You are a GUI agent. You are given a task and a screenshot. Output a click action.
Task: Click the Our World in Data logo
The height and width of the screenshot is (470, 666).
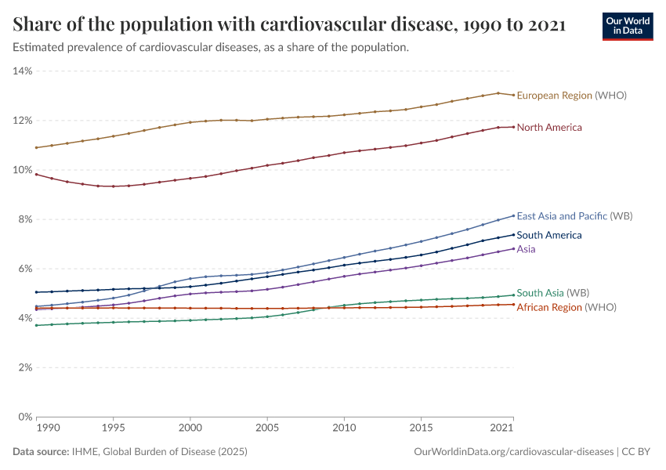click(628, 26)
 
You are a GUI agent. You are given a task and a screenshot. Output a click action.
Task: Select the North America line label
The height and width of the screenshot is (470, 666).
click(549, 127)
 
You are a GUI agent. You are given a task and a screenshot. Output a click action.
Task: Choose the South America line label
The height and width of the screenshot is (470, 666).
click(549, 235)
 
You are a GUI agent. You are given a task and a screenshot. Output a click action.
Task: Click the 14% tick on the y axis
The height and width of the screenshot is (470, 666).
click(22, 71)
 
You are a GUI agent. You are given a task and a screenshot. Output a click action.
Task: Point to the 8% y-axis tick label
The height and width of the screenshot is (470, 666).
click(24, 219)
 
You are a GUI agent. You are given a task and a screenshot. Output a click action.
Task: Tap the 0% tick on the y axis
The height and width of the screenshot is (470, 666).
click(24, 417)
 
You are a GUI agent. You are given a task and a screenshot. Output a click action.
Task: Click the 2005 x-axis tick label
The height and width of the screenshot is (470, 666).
click(266, 428)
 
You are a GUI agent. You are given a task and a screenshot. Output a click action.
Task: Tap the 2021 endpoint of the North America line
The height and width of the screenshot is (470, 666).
click(513, 127)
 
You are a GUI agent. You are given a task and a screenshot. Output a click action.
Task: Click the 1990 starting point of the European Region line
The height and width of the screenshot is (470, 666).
click(37, 147)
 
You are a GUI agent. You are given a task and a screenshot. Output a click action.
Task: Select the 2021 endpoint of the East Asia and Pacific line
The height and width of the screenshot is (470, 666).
click(513, 215)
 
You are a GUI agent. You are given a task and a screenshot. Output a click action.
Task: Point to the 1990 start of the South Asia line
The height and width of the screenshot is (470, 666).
click(37, 325)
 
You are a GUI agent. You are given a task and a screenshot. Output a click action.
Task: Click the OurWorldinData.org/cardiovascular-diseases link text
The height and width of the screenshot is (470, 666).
click(512, 453)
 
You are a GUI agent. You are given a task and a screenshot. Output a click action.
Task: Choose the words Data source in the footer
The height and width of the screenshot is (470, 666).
click(39, 453)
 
